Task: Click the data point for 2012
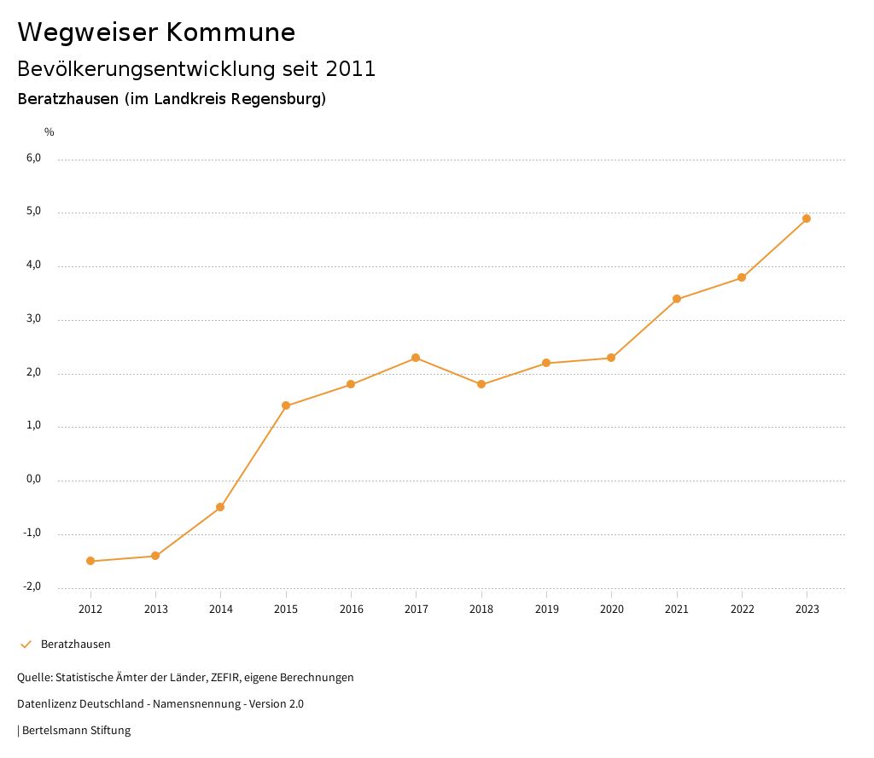pyautogui.click(x=90, y=561)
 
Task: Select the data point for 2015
pyautogui.click(x=286, y=405)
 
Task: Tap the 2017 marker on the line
pyautogui.click(x=416, y=358)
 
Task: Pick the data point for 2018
pyautogui.click(x=481, y=384)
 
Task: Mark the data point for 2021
pyautogui.click(x=677, y=299)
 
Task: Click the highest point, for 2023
pyautogui.click(x=807, y=219)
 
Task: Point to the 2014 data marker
pyautogui.click(x=220, y=507)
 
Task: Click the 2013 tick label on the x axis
pyautogui.click(x=155, y=609)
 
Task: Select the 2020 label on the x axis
pyautogui.click(x=611, y=609)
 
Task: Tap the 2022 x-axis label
pyautogui.click(x=742, y=609)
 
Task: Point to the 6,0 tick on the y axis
pyautogui.click(x=33, y=158)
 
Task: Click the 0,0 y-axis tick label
pyautogui.click(x=33, y=479)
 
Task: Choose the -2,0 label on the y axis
pyautogui.click(x=32, y=586)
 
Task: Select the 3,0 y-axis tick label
pyautogui.click(x=33, y=318)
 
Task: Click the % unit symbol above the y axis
pyautogui.click(x=50, y=131)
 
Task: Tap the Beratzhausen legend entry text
pyautogui.click(x=76, y=644)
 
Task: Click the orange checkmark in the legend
pyautogui.click(x=26, y=644)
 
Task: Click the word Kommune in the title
pyautogui.click(x=230, y=32)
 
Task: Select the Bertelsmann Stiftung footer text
pyautogui.click(x=76, y=730)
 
